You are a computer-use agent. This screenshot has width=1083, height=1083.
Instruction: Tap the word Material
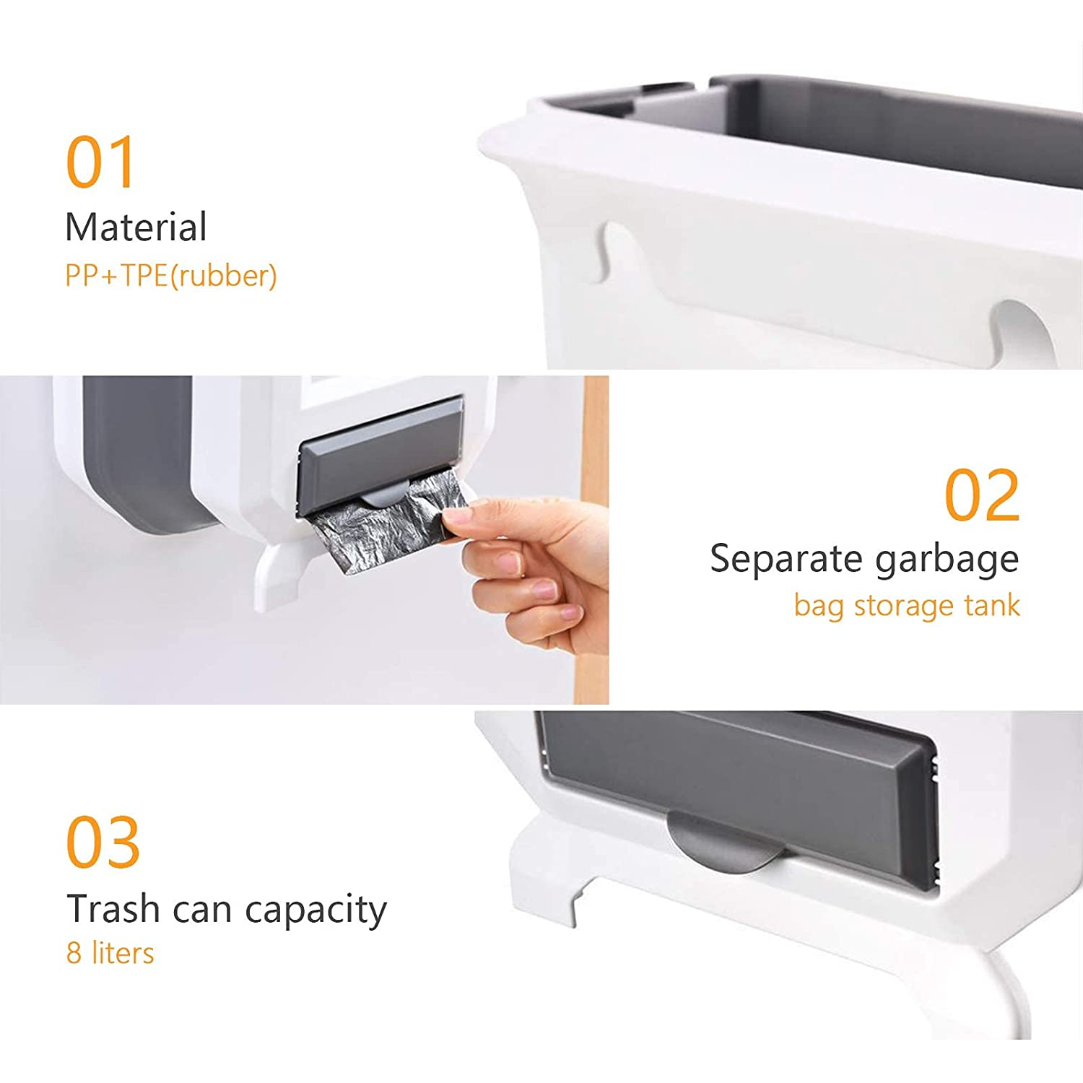[136, 227]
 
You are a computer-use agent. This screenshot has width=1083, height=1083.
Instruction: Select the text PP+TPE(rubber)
[171, 276]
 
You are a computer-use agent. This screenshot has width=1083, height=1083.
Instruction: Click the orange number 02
[982, 495]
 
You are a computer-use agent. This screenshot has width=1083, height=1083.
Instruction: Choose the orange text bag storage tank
[907, 605]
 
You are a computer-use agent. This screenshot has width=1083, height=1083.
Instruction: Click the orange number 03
[103, 843]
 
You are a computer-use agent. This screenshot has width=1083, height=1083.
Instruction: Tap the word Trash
[113, 908]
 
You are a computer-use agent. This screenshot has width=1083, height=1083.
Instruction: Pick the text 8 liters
[110, 953]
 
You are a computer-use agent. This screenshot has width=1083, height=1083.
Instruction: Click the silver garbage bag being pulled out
[375, 527]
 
